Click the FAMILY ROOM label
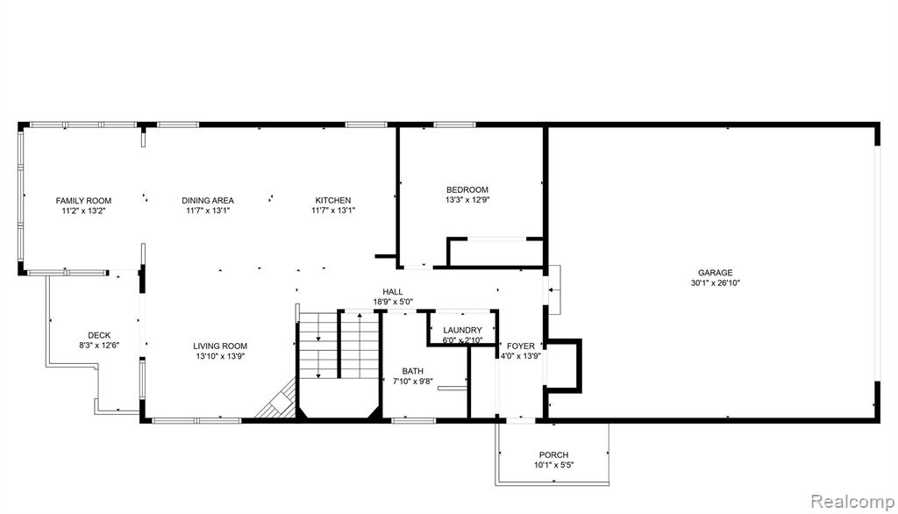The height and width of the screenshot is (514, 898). (x=83, y=201)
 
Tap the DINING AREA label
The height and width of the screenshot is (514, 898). (x=208, y=201)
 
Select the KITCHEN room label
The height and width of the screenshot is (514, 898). (x=333, y=201)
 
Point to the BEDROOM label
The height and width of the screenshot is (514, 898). (x=467, y=189)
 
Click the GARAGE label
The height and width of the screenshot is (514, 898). (x=716, y=273)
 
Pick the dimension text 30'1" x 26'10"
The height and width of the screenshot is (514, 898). (x=716, y=282)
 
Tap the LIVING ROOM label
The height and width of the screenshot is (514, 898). (x=220, y=346)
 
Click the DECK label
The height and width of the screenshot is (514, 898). (x=99, y=335)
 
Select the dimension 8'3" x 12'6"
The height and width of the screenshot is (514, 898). (x=99, y=345)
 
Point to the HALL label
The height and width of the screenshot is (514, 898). (x=393, y=292)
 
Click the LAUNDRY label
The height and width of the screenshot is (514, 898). (x=463, y=330)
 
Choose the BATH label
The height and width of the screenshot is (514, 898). (x=412, y=371)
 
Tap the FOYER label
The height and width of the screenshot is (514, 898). (x=521, y=346)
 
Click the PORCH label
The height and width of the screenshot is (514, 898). (x=554, y=455)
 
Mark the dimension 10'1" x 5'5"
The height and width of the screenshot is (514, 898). (x=554, y=465)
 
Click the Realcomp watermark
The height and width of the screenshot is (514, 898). (x=852, y=502)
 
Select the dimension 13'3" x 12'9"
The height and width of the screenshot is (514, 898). (x=467, y=200)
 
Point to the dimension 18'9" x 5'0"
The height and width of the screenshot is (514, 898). (x=393, y=302)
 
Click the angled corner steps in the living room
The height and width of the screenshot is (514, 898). (x=278, y=401)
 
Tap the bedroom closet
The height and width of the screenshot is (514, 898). (x=495, y=252)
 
